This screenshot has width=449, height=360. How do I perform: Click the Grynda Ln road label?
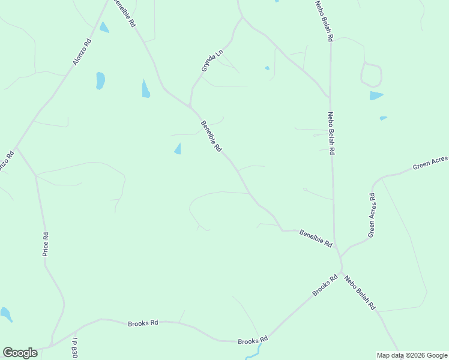[212, 61]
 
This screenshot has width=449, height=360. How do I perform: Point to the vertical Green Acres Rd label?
[372, 214]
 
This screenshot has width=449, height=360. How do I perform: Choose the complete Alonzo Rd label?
[82, 53]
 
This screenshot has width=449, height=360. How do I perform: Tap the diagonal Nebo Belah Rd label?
[360, 292]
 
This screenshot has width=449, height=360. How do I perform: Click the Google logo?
[20, 353]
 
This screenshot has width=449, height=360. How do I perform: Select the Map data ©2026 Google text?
[411, 355]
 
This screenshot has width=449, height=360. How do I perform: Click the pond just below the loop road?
[376, 95]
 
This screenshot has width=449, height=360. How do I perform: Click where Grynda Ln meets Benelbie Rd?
[190, 107]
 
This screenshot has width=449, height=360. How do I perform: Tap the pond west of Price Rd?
[6, 314]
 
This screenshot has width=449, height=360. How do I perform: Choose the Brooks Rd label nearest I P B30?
[143, 323]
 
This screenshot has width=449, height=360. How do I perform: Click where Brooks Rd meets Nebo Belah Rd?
[342, 272]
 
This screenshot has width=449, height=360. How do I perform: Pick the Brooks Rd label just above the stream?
[252, 341]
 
